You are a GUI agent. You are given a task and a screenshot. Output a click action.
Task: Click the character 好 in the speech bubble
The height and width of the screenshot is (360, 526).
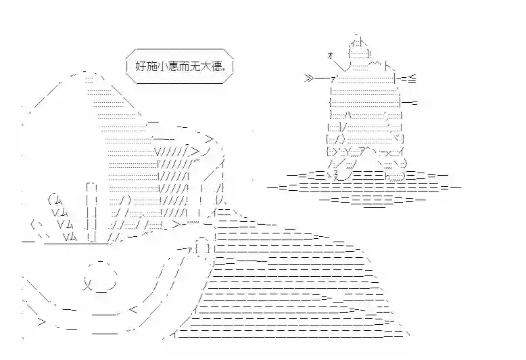[x=141, y=66]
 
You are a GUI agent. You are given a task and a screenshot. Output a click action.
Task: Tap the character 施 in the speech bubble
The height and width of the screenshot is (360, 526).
[x=152, y=66]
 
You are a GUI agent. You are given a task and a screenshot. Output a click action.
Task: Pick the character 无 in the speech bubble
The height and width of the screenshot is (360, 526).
[x=197, y=66]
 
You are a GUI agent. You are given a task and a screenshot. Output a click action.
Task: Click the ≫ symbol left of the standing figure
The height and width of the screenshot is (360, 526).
[x=309, y=79]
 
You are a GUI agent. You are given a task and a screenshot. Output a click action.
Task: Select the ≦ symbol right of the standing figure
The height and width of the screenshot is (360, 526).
[x=412, y=79]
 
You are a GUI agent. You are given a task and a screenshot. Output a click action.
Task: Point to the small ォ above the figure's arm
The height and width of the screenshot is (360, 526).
[x=330, y=55]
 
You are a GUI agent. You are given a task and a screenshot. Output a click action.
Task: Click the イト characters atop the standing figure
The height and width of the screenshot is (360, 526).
[x=358, y=43]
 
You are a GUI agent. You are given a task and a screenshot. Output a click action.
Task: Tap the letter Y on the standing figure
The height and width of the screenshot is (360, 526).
[x=348, y=152]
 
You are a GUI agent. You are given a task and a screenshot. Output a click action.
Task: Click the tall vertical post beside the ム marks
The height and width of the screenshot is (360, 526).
[x=91, y=212]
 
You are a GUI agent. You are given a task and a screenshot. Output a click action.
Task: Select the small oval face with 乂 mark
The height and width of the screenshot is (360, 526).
[x=100, y=276]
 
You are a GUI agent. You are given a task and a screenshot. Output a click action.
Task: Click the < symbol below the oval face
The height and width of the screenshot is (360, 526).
[x=133, y=309]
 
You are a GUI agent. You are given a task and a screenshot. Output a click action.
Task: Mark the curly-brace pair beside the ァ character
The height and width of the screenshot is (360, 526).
[x=203, y=249]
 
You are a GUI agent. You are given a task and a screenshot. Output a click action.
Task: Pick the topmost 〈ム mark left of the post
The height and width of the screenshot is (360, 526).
[x=55, y=200]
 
